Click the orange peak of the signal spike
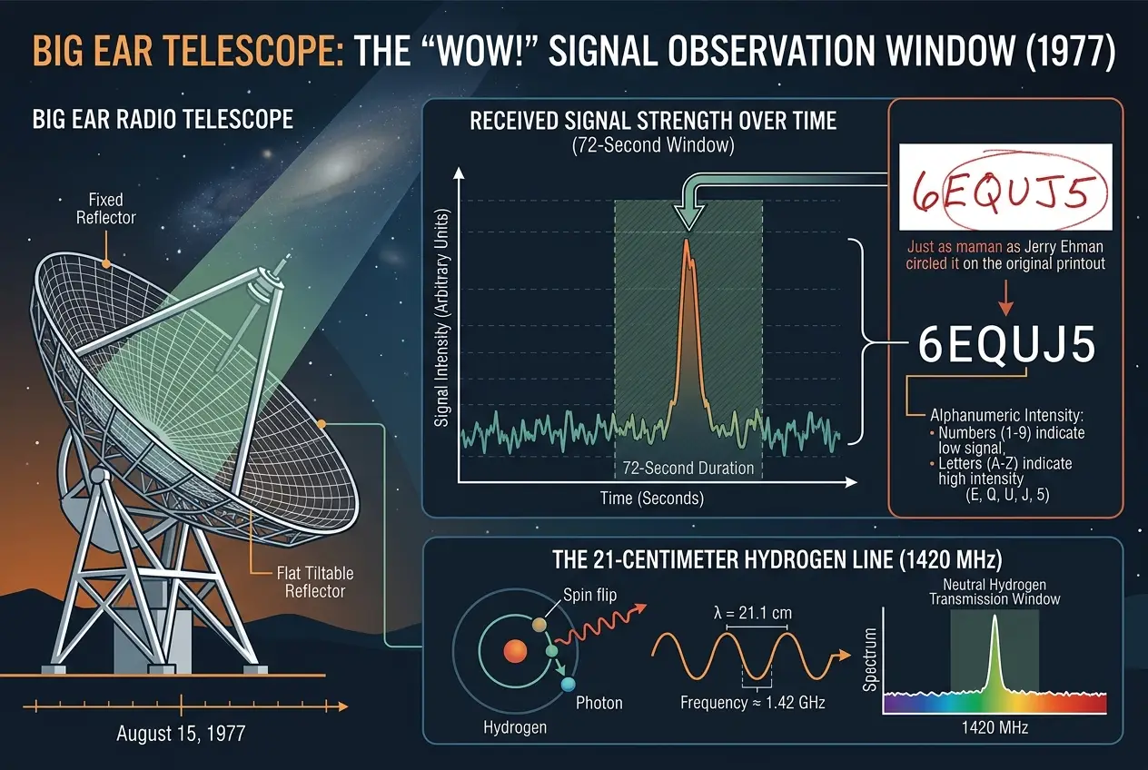687,243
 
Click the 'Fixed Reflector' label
106,208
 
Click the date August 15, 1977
181,734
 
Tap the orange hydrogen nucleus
515,651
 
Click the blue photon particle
569,683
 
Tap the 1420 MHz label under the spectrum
995,727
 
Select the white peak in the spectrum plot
995,623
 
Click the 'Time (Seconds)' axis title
651,498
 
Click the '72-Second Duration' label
688,469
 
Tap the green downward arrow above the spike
687,214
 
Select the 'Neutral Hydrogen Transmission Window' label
995,592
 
